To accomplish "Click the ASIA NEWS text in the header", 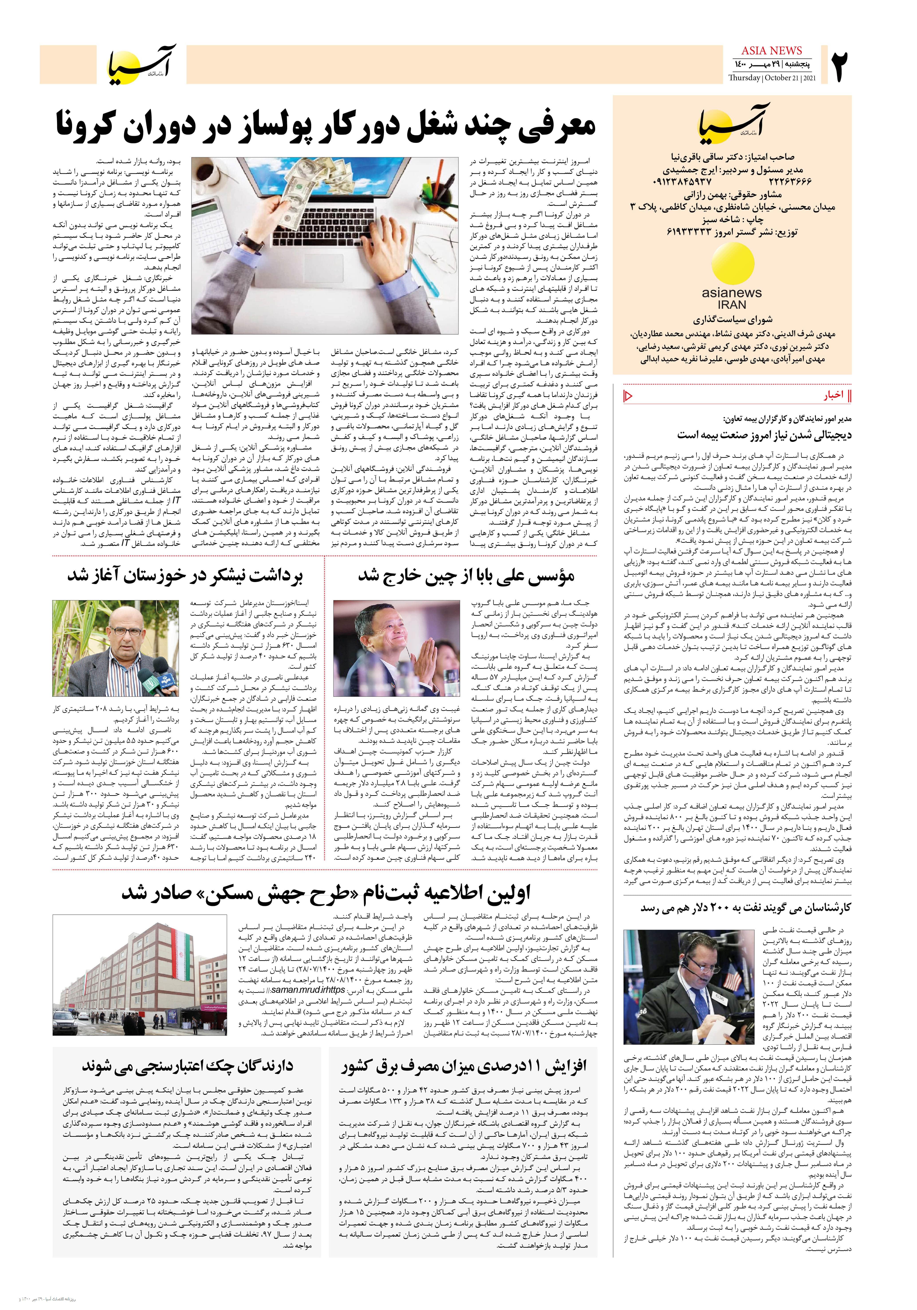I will pos(771,50).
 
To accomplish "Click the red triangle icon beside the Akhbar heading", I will pos(628,395).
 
